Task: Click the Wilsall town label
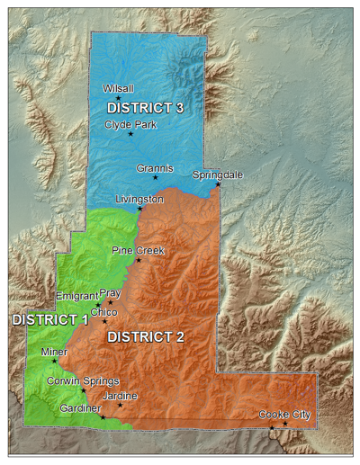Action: [x=119, y=89]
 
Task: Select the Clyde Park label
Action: [x=130, y=124]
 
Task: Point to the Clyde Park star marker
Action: [x=130, y=134]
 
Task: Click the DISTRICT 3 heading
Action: [x=151, y=107]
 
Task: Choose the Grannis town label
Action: [x=154, y=167]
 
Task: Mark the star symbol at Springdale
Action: [x=218, y=184]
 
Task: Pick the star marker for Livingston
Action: [x=139, y=209]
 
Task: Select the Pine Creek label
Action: [x=138, y=250]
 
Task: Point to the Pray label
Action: [x=110, y=293]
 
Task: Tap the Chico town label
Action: [x=104, y=311]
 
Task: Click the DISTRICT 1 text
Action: [x=49, y=318]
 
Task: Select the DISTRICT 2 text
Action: [x=145, y=337]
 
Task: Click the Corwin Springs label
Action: [x=82, y=380]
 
